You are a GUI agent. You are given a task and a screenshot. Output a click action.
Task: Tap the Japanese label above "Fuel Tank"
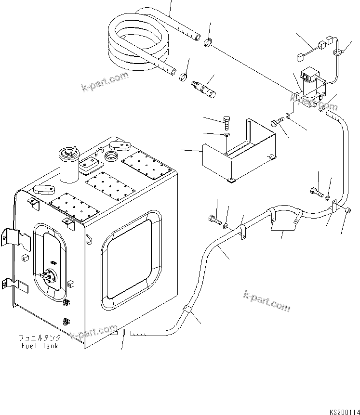click(40, 338)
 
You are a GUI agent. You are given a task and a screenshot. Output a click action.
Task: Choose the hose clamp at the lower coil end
click(183, 77)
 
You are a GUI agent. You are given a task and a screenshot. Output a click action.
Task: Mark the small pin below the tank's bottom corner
click(124, 332)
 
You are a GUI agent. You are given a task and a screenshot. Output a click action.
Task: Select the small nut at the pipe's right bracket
click(349, 210)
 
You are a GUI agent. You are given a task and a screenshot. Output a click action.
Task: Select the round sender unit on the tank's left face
click(48, 278)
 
